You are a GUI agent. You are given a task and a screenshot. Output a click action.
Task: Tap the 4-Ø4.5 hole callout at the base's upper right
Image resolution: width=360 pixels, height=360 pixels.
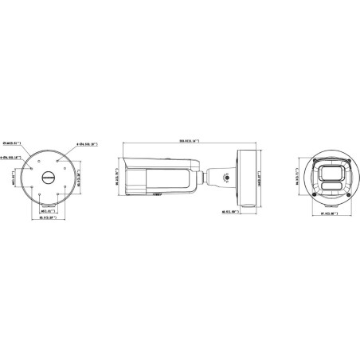[x=86, y=143]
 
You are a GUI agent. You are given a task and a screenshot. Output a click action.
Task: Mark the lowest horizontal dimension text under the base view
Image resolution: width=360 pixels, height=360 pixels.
[x=47, y=219]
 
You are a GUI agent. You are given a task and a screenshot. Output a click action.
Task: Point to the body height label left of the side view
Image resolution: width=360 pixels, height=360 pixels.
[x=117, y=178]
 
